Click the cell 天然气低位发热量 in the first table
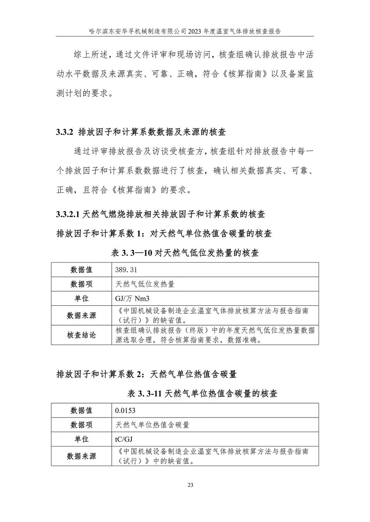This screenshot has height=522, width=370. point(145,284)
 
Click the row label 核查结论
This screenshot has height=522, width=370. point(81,335)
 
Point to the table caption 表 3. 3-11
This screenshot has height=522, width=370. point(145,394)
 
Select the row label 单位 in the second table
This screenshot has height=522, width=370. point(81,439)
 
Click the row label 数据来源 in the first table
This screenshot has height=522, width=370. point(81,316)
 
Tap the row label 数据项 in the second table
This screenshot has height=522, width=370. point(81,425)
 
